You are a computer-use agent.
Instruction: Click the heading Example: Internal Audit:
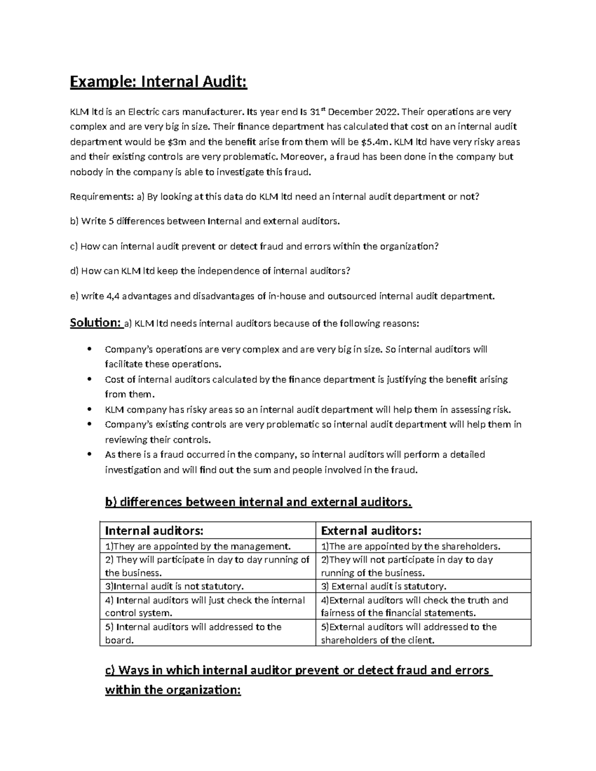point(158,81)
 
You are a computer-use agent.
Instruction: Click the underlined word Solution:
point(95,323)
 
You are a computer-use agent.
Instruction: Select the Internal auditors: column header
point(154,531)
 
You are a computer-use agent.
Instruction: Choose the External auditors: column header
point(372,531)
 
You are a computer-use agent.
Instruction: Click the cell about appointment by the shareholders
point(411,547)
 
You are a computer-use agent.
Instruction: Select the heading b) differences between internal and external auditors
point(258,502)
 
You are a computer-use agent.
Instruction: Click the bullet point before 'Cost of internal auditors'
point(89,379)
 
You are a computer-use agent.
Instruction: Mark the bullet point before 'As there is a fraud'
point(89,454)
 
